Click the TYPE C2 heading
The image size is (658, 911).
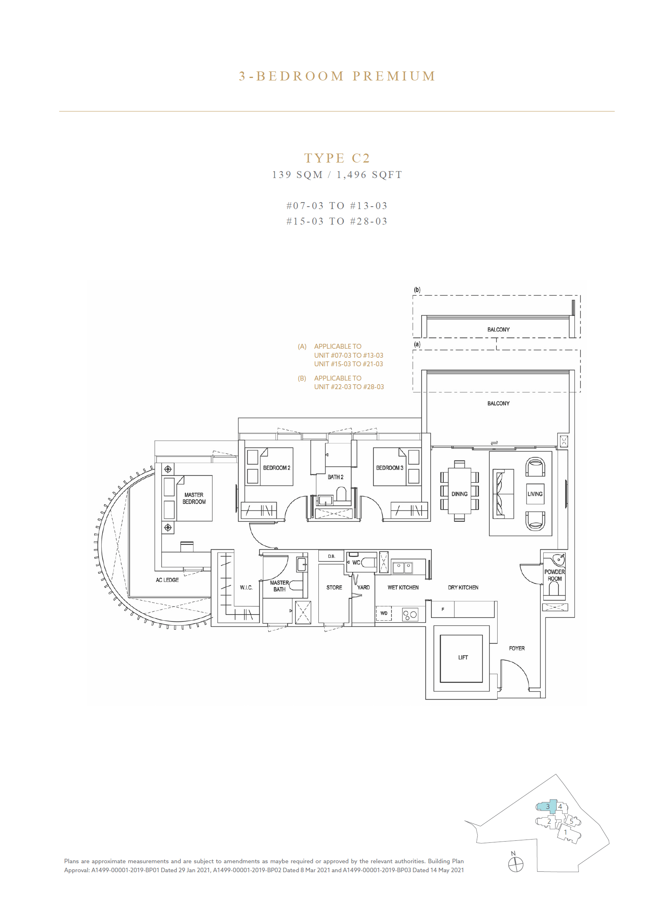click(337, 158)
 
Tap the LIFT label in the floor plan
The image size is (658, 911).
click(463, 657)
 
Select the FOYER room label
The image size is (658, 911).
click(517, 648)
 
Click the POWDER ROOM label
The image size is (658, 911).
click(554, 575)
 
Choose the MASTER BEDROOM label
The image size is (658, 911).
click(194, 498)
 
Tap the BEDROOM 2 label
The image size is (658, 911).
click(276, 468)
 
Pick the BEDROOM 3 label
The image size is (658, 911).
click(389, 468)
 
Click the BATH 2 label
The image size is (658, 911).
click(336, 477)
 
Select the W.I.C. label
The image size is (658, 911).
click(246, 588)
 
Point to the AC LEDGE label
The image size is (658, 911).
click(167, 580)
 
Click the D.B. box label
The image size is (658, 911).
click(331, 556)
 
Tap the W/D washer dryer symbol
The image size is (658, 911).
click(384, 613)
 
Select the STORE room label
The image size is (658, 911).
click(334, 588)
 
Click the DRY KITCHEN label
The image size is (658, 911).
click(463, 588)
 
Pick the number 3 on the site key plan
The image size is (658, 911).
click(548, 807)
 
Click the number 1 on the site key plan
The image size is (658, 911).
click(565, 832)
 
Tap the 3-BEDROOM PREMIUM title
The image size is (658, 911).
click(337, 76)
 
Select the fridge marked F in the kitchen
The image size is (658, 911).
click(443, 609)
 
